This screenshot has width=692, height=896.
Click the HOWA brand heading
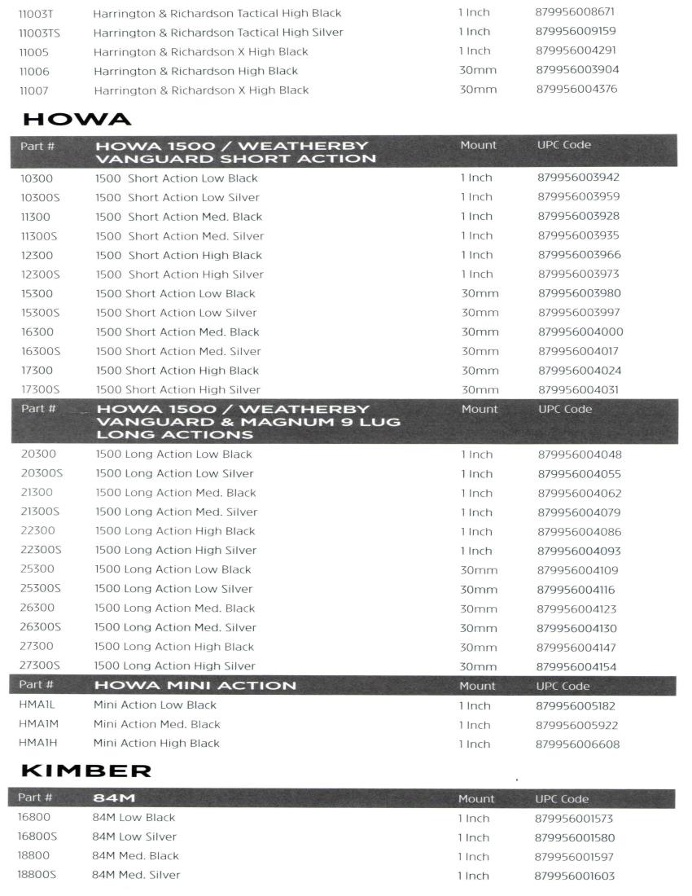tap(77, 119)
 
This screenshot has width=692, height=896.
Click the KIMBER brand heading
tap(86, 771)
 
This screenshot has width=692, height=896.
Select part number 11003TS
tap(39, 33)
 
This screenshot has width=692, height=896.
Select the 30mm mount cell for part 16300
tap(480, 332)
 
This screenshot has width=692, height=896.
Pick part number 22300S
tap(42, 550)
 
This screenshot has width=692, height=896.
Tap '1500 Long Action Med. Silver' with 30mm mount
tap(176, 627)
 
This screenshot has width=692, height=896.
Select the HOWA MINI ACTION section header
tap(195, 685)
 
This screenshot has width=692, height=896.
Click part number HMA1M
tap(37, 724)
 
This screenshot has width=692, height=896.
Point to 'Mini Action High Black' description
tap(156, 743)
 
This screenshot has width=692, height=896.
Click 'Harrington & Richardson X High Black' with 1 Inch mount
tap(201, 51)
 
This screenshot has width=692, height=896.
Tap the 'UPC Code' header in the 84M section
tap(562, 799)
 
